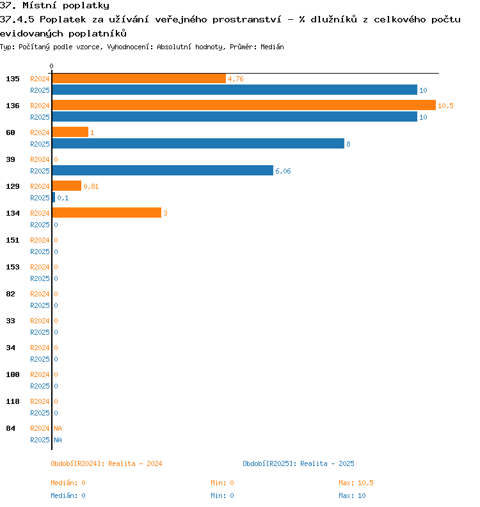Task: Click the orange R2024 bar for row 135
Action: pos(139,79)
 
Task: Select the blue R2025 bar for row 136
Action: pos(235,117)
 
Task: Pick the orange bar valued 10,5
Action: pos(244,105)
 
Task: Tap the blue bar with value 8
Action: pos(198,143)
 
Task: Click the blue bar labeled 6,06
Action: pos(163,170)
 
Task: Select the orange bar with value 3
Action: pos(107,213)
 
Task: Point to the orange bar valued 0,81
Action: pos(67,186)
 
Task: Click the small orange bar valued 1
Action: pos(70,132)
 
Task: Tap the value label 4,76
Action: pos(236,79)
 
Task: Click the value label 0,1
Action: pos(63,198)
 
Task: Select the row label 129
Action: pos(13,186)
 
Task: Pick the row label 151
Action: pos(13,240)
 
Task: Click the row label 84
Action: pos(10,428)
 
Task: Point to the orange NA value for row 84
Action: pos(58,428)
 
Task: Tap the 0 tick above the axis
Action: pos(51,66)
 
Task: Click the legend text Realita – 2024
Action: pos(135,463)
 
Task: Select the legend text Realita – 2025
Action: pos(327,463)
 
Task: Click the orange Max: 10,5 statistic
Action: pos(356,483)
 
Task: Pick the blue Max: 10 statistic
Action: pos(352,495)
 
